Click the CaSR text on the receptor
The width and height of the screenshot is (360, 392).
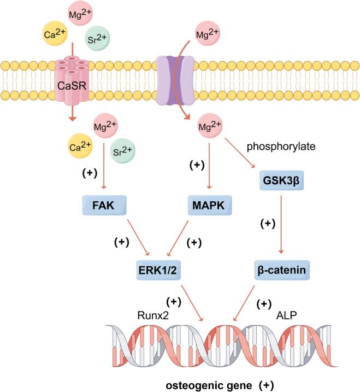71,85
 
